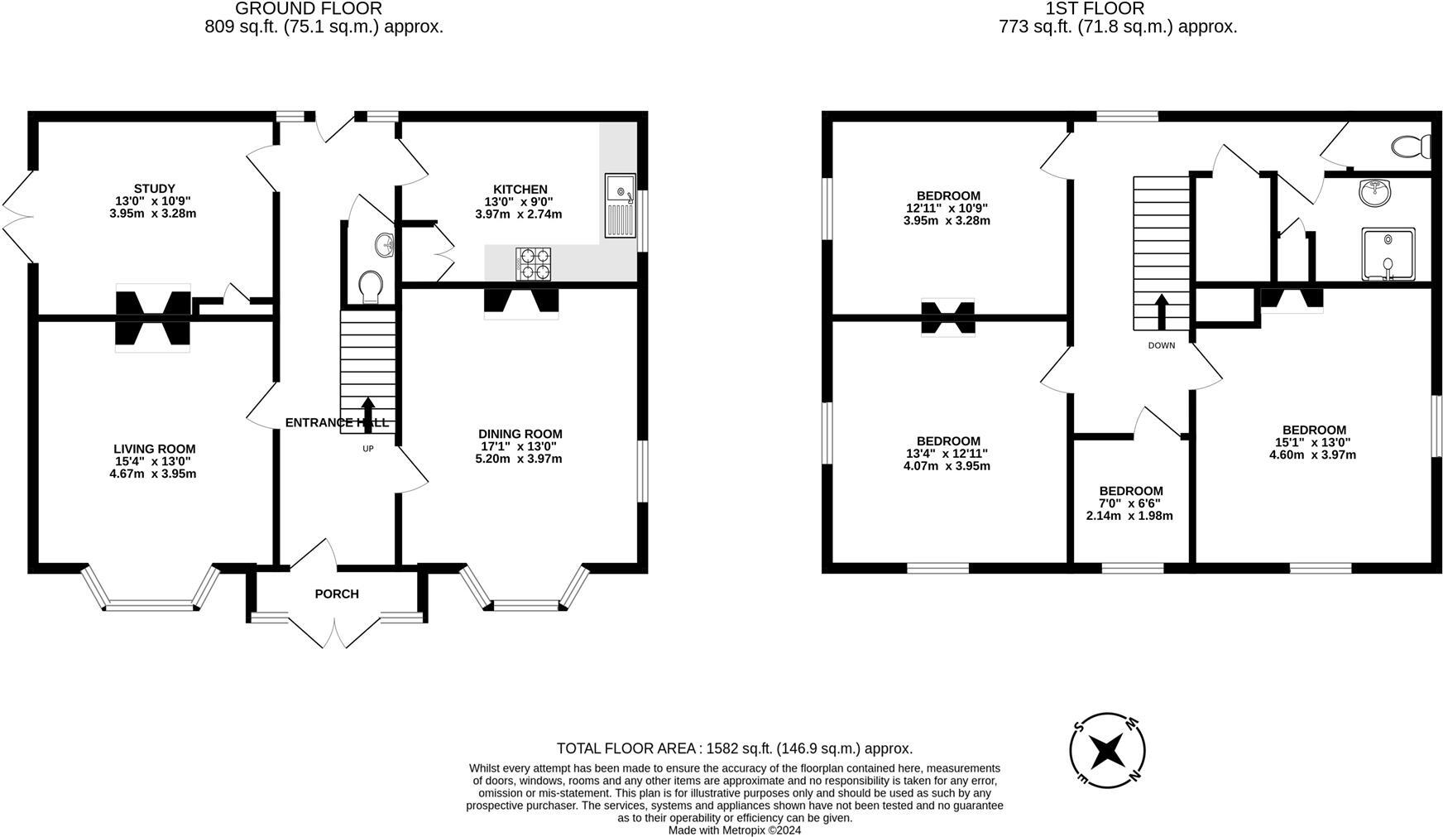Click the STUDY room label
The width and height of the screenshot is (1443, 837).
[155, 189]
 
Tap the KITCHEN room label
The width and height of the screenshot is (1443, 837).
[520, 190]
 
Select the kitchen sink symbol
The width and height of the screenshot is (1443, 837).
[619, 205]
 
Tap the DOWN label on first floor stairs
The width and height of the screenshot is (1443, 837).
[1161, 345]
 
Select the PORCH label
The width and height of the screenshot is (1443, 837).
[337, 594]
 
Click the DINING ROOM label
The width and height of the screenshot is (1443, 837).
[520, 434]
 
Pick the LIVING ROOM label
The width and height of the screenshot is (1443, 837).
[155, 449]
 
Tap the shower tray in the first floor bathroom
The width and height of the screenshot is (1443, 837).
[1388, 253]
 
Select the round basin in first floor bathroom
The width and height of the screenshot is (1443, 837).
[1374, 192]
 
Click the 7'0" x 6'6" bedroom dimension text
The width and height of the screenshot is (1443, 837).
[1129, 503]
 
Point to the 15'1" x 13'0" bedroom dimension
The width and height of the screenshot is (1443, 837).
[1313, 442]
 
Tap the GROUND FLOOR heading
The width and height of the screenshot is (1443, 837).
[309, 9]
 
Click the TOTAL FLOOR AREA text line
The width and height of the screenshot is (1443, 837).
[734, 748]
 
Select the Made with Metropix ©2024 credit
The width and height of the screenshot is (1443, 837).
[734, 830]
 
